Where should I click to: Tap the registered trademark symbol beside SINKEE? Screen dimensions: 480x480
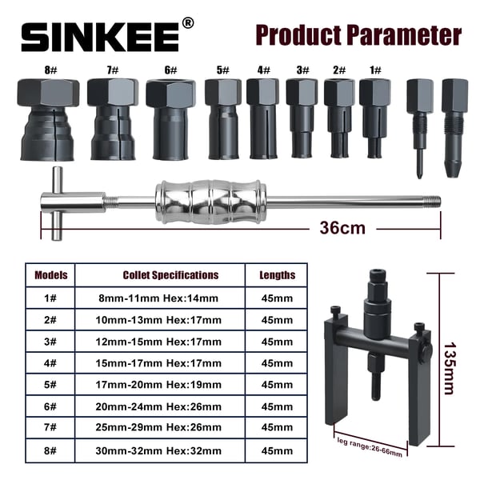pos(188,23)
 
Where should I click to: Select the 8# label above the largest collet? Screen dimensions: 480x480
pos(50,70)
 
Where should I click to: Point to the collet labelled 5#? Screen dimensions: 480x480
pos(223,118)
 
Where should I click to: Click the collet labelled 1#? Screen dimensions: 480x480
pos(375,118)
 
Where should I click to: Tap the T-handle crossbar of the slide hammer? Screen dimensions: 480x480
pos(57,203)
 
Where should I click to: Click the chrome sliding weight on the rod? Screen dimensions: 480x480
pos(209,202)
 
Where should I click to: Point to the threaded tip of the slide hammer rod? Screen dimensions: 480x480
pos(433,202)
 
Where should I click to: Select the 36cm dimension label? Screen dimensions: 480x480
pos(342,228)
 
